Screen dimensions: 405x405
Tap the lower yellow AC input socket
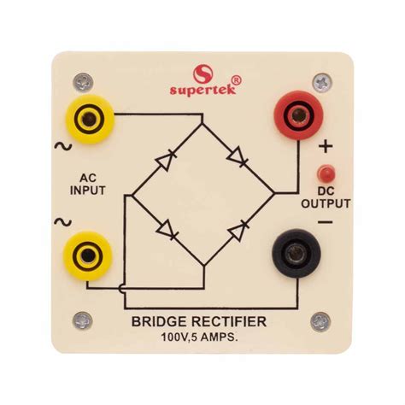(x=87, y=254)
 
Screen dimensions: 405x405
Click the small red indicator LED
(x=325, y=171)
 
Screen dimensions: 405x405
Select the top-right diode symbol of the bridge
(x=238, y=157)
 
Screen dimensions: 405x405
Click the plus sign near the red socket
(x=326, y=147)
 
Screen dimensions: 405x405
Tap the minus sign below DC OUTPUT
(x=325, y=221)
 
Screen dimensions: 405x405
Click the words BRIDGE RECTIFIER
(x=198, y=321)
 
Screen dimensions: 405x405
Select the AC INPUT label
(x=88, y=185)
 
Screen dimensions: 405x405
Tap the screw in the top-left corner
(x=81, y=83)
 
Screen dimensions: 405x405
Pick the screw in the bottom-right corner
(x=320, y=322)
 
